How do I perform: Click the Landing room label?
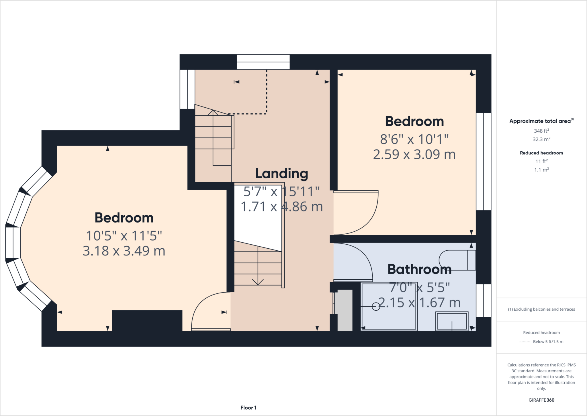[281, 173]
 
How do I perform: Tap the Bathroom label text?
[419, 269]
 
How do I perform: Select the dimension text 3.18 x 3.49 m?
[124, 251]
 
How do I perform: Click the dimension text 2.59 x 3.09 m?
[414, 154]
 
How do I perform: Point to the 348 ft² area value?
[541, 131]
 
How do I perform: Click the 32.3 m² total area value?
[541, 140]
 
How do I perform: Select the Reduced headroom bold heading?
[541, 153]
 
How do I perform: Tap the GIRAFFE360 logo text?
[541, 400]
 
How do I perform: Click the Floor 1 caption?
[248, 408]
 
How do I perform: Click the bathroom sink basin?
[452, 321]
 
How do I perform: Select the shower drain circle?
[376, 307]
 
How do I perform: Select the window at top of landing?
[263, 62]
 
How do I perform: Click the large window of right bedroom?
[484, 161]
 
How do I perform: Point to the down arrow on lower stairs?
[258, 281]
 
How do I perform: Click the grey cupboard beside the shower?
[345, 310]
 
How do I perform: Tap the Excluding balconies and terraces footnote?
[541, 309]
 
